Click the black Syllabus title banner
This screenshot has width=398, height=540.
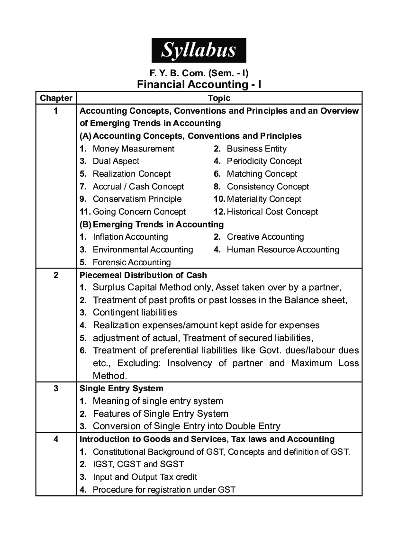(199, 50)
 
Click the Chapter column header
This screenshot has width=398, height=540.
(56, 98)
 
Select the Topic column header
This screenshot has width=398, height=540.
(219, 98)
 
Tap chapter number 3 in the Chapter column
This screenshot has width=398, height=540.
(56, 388)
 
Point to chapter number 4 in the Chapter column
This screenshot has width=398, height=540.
(56, 439)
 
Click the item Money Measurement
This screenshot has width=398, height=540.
(133, 149)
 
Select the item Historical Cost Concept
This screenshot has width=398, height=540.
(272, 212)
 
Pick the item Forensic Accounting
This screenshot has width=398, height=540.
(131, 262)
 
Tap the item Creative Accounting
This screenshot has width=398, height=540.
(265, 237)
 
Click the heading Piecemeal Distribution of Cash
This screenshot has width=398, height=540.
(143, 275)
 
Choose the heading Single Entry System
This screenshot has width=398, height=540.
(121, 388)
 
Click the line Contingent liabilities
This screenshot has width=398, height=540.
(135, 312)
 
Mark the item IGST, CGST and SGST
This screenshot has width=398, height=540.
(138, 464)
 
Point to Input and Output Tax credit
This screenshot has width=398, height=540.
(145, 477)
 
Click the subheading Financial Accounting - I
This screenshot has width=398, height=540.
(199, 84)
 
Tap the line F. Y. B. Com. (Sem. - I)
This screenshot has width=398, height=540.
(199, 73)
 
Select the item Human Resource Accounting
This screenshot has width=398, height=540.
(283, 250)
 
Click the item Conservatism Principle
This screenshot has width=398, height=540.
(136, 199)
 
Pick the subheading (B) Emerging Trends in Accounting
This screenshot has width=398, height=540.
(152, 225)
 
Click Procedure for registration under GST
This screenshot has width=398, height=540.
(163, 490)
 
